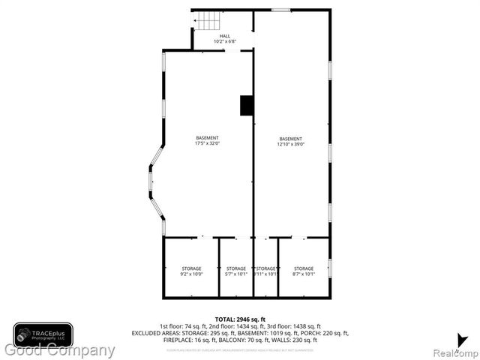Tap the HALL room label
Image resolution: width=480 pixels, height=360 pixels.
[225, 36]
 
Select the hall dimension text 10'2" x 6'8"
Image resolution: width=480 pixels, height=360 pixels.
[225, 42]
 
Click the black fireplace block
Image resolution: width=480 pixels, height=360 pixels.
[246, 106]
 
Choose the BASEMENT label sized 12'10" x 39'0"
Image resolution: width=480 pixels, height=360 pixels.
[291, 139]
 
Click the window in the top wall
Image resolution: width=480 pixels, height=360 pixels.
[280, 10]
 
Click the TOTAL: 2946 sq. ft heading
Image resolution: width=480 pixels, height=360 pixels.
[240, 319]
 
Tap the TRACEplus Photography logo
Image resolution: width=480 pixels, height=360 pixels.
[43, 334]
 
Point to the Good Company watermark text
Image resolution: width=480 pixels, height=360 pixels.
[60, 350]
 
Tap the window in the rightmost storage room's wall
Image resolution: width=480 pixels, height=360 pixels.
[329, 268]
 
